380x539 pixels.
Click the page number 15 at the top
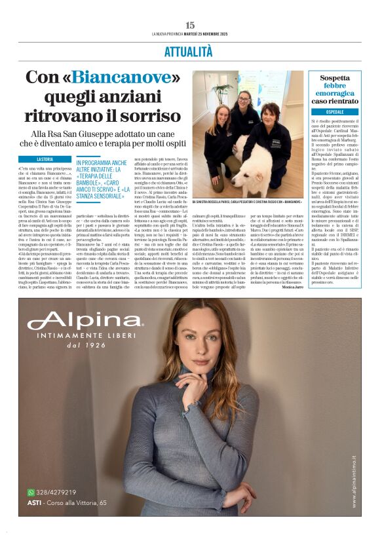[190, 25]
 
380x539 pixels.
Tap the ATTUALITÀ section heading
[190, 50]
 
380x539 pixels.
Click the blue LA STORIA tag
[45, 159]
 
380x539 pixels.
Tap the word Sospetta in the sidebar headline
[334, 77]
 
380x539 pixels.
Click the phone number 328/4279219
[56, 492]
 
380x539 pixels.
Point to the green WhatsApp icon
[31, 492]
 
